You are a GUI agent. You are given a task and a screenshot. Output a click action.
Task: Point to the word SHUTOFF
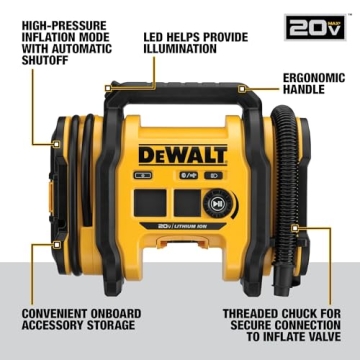37,57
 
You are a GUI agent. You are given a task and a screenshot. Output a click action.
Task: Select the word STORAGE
117,326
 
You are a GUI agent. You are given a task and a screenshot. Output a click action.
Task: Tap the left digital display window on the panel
153,202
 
